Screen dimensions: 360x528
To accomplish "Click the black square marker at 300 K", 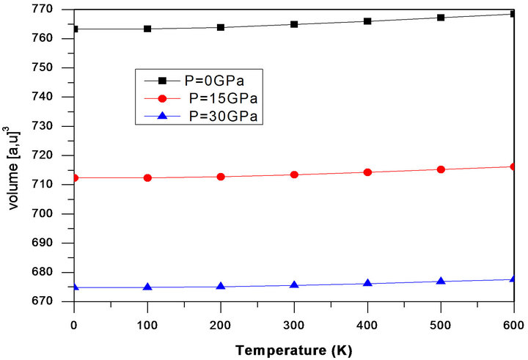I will point(294,24).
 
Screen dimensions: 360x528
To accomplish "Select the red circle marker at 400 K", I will point(367,172).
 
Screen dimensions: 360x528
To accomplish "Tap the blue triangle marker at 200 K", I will point(221,286).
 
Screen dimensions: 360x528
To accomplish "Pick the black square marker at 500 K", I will point(441,17).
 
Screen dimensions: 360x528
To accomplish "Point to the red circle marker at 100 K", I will point(147,177).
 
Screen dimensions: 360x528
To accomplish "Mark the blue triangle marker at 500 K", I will point(441,281).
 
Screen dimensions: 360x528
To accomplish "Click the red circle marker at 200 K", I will point(221,177).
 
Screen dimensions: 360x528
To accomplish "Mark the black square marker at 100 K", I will point(147,29).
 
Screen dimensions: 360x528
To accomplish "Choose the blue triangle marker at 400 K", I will point(367,283).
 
